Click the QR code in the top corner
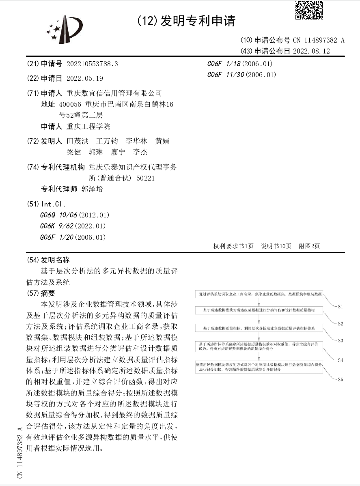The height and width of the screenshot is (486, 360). point(308,10)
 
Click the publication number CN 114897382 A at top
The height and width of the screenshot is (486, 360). point(319,40)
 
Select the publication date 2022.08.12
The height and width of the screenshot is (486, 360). point(311,51)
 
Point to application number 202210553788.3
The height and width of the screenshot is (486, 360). point(92,64)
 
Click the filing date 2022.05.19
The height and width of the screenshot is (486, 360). point(85,78)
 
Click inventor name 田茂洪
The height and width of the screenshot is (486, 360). point(77,141)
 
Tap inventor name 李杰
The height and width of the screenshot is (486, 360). point(140,152)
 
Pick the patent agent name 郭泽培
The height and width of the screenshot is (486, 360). point(92,189)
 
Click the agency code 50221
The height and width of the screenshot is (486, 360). point(146,178)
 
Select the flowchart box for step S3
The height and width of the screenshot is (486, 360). point(259,327)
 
